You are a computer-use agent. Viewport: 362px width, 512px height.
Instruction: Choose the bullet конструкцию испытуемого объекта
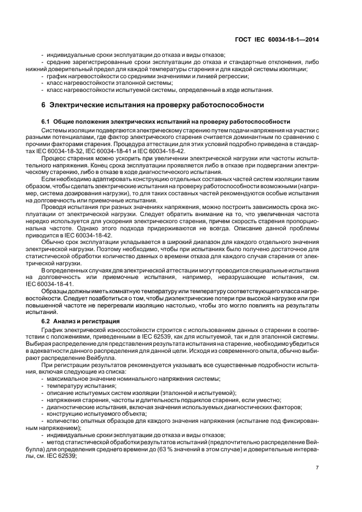click(93, 414)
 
